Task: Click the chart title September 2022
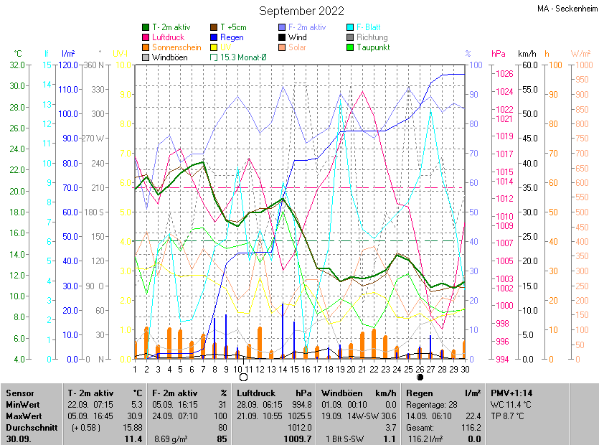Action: click(301, 11)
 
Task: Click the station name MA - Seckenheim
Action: click(567, 9)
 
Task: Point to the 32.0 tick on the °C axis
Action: click(16, 65)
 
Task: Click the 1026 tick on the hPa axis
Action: click(504, 74)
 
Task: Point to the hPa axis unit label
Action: click(498, 54)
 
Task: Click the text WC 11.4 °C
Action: click(511, 405)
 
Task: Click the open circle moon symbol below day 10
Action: click(243, 377)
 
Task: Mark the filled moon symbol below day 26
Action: click(420, 377)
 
